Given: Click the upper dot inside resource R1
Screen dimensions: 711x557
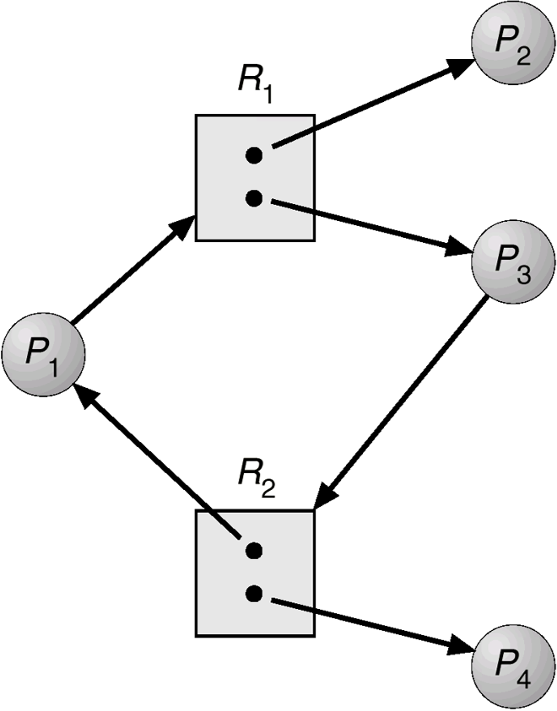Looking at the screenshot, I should tap(255, 155).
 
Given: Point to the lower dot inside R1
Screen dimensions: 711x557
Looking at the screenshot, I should tap(255, 199).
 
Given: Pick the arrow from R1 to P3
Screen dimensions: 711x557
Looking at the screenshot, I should tap(367, 225).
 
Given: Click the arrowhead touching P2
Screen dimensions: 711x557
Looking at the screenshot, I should tap(462, 67).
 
